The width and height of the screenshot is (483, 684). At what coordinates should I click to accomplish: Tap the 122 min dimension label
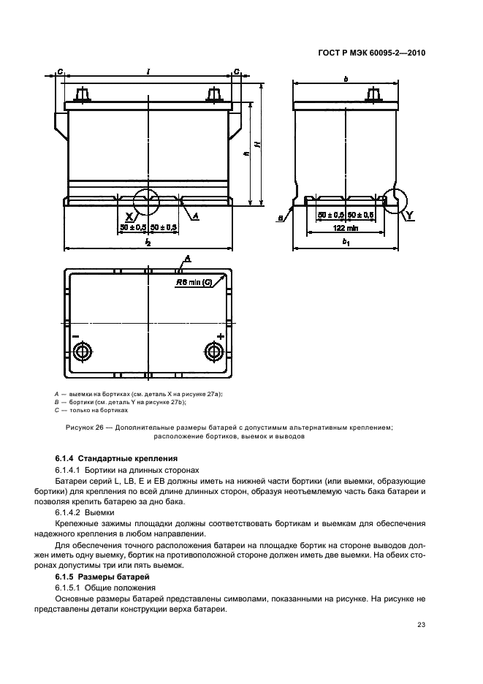coord(346,229)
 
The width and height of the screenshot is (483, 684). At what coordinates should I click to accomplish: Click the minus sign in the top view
coord(75,335)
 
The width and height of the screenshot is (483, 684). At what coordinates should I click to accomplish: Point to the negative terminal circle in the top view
coord(81,351)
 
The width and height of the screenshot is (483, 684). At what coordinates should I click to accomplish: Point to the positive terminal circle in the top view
coord(215,351)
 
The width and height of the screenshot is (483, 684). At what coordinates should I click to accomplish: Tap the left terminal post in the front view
coord(82,96)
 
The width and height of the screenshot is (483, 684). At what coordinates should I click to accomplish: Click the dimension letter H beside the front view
coord(257,145)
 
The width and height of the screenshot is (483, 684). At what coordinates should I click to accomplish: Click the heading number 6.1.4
coord(66,459)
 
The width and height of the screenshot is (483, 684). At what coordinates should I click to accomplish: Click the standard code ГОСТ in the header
coord(330,53)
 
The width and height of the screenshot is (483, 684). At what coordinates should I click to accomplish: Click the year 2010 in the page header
coord(414,53)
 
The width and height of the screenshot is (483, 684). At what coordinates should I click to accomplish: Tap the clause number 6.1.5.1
coord(70,588)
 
